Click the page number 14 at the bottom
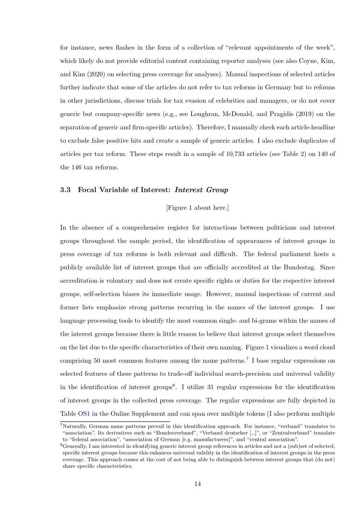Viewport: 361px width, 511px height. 197,484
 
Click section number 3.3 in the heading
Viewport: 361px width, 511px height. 65,190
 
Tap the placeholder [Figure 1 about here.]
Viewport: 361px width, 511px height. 197,208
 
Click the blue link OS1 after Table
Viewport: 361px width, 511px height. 84,414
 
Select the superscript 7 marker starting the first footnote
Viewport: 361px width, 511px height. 61,425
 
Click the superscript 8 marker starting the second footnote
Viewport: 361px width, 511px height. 61,445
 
